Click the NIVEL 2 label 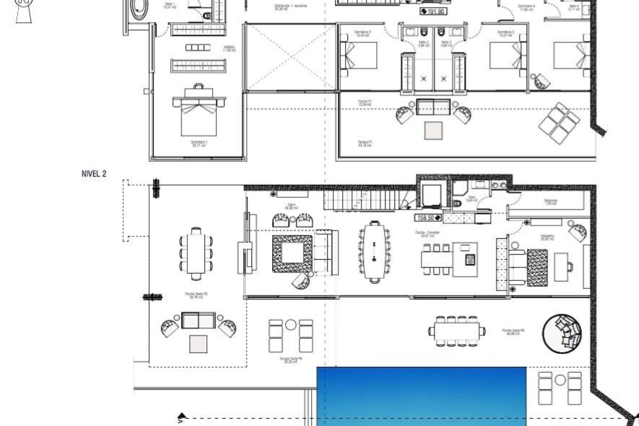pyautogui.click(x=94, y=174)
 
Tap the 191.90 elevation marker pyautogui.click(x=433, y=11)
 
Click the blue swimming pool pyautogui.click(x=421, y=396)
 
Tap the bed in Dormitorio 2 pyautogui.click(x=359, y=59)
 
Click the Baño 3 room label pyautogui.click(x=446, y=43)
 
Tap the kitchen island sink pyautogui.click(x=470, y=259)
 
